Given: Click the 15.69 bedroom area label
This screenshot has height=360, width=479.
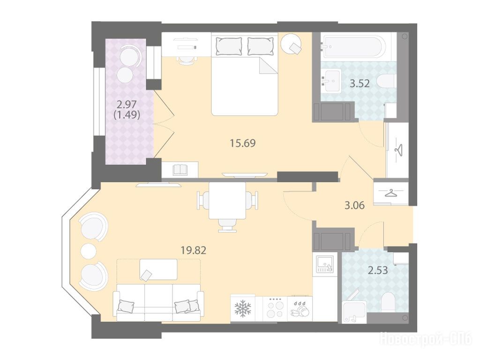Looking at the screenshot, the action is tap(243, 143).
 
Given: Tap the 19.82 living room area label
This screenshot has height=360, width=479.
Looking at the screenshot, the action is tap(194, 251).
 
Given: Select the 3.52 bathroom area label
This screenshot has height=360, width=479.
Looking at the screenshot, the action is tap(359, 83).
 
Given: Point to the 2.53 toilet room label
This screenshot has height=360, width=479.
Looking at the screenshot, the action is tap(378, 270).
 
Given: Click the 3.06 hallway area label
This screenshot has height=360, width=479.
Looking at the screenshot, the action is tap(354, 205).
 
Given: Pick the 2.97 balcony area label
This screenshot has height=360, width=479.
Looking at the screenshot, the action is tap(127, 105).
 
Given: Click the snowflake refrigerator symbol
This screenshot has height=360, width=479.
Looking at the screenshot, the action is tap(243, 308).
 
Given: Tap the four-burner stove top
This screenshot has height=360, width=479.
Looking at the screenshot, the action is tap(275, 308).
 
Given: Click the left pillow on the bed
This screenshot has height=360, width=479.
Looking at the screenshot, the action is tap(229, 46).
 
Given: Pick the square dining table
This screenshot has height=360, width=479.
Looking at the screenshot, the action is tap(227, 201).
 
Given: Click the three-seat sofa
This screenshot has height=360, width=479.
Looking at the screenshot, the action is tap(158, 302).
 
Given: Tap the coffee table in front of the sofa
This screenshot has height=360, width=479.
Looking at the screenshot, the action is tap(158, 269).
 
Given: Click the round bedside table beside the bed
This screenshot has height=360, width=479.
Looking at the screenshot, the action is tap(292, 44).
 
